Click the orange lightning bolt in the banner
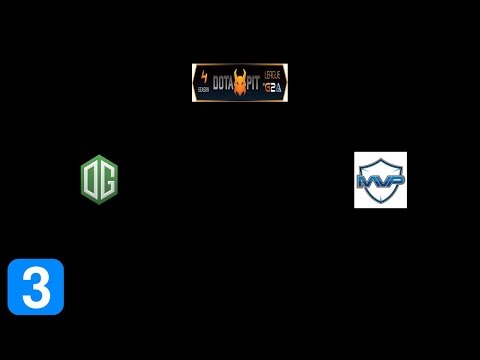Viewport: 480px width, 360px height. point(205,76)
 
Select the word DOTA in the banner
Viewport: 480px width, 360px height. point(225,83)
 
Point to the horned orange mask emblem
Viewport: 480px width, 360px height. point(241,84)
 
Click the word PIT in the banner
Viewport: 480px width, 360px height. point(256,83)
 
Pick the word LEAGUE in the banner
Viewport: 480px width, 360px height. point(275,75)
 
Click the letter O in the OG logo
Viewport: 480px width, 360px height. point(92,180)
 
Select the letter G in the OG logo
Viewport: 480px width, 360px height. point(106,180)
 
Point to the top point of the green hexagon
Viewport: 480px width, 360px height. point(99,156)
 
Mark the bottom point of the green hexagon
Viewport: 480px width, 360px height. point(99,204)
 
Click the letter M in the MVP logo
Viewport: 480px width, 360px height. point(366,181)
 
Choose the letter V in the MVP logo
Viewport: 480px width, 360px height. point(381,181)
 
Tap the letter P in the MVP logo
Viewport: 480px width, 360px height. point(395,180)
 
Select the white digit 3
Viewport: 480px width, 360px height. point(36,287)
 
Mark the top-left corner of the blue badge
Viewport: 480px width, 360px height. point(10,261)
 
